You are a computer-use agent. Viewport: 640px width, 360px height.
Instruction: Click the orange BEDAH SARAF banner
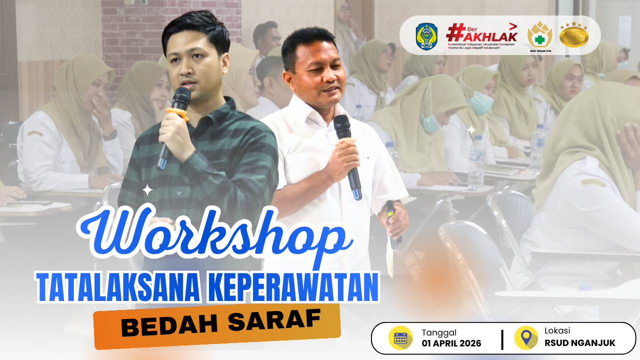click(x=217, y=325)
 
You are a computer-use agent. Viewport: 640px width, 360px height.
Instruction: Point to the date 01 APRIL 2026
click(x=451, y=343)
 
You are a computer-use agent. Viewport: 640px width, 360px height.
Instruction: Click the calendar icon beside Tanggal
click(x=400, y=338)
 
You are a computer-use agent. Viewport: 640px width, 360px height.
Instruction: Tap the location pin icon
click(x=526, y=338)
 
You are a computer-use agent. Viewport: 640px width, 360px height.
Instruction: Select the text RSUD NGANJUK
click(x=580, y=343)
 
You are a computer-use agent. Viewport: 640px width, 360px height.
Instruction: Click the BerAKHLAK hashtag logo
click(x=481, y=36)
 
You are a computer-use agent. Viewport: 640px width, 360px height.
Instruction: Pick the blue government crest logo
click(x=426, y=36)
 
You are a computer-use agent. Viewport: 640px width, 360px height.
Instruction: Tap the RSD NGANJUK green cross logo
click(x=540, y=35)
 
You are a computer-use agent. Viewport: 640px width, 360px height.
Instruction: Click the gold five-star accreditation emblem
click(x=573, y=35)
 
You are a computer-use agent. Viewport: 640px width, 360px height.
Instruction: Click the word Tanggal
click(x=439, y=332)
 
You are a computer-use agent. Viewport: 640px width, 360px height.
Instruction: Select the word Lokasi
click(x=557, y=331)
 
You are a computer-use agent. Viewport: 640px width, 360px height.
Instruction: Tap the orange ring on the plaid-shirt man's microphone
click(x=177, y=113)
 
